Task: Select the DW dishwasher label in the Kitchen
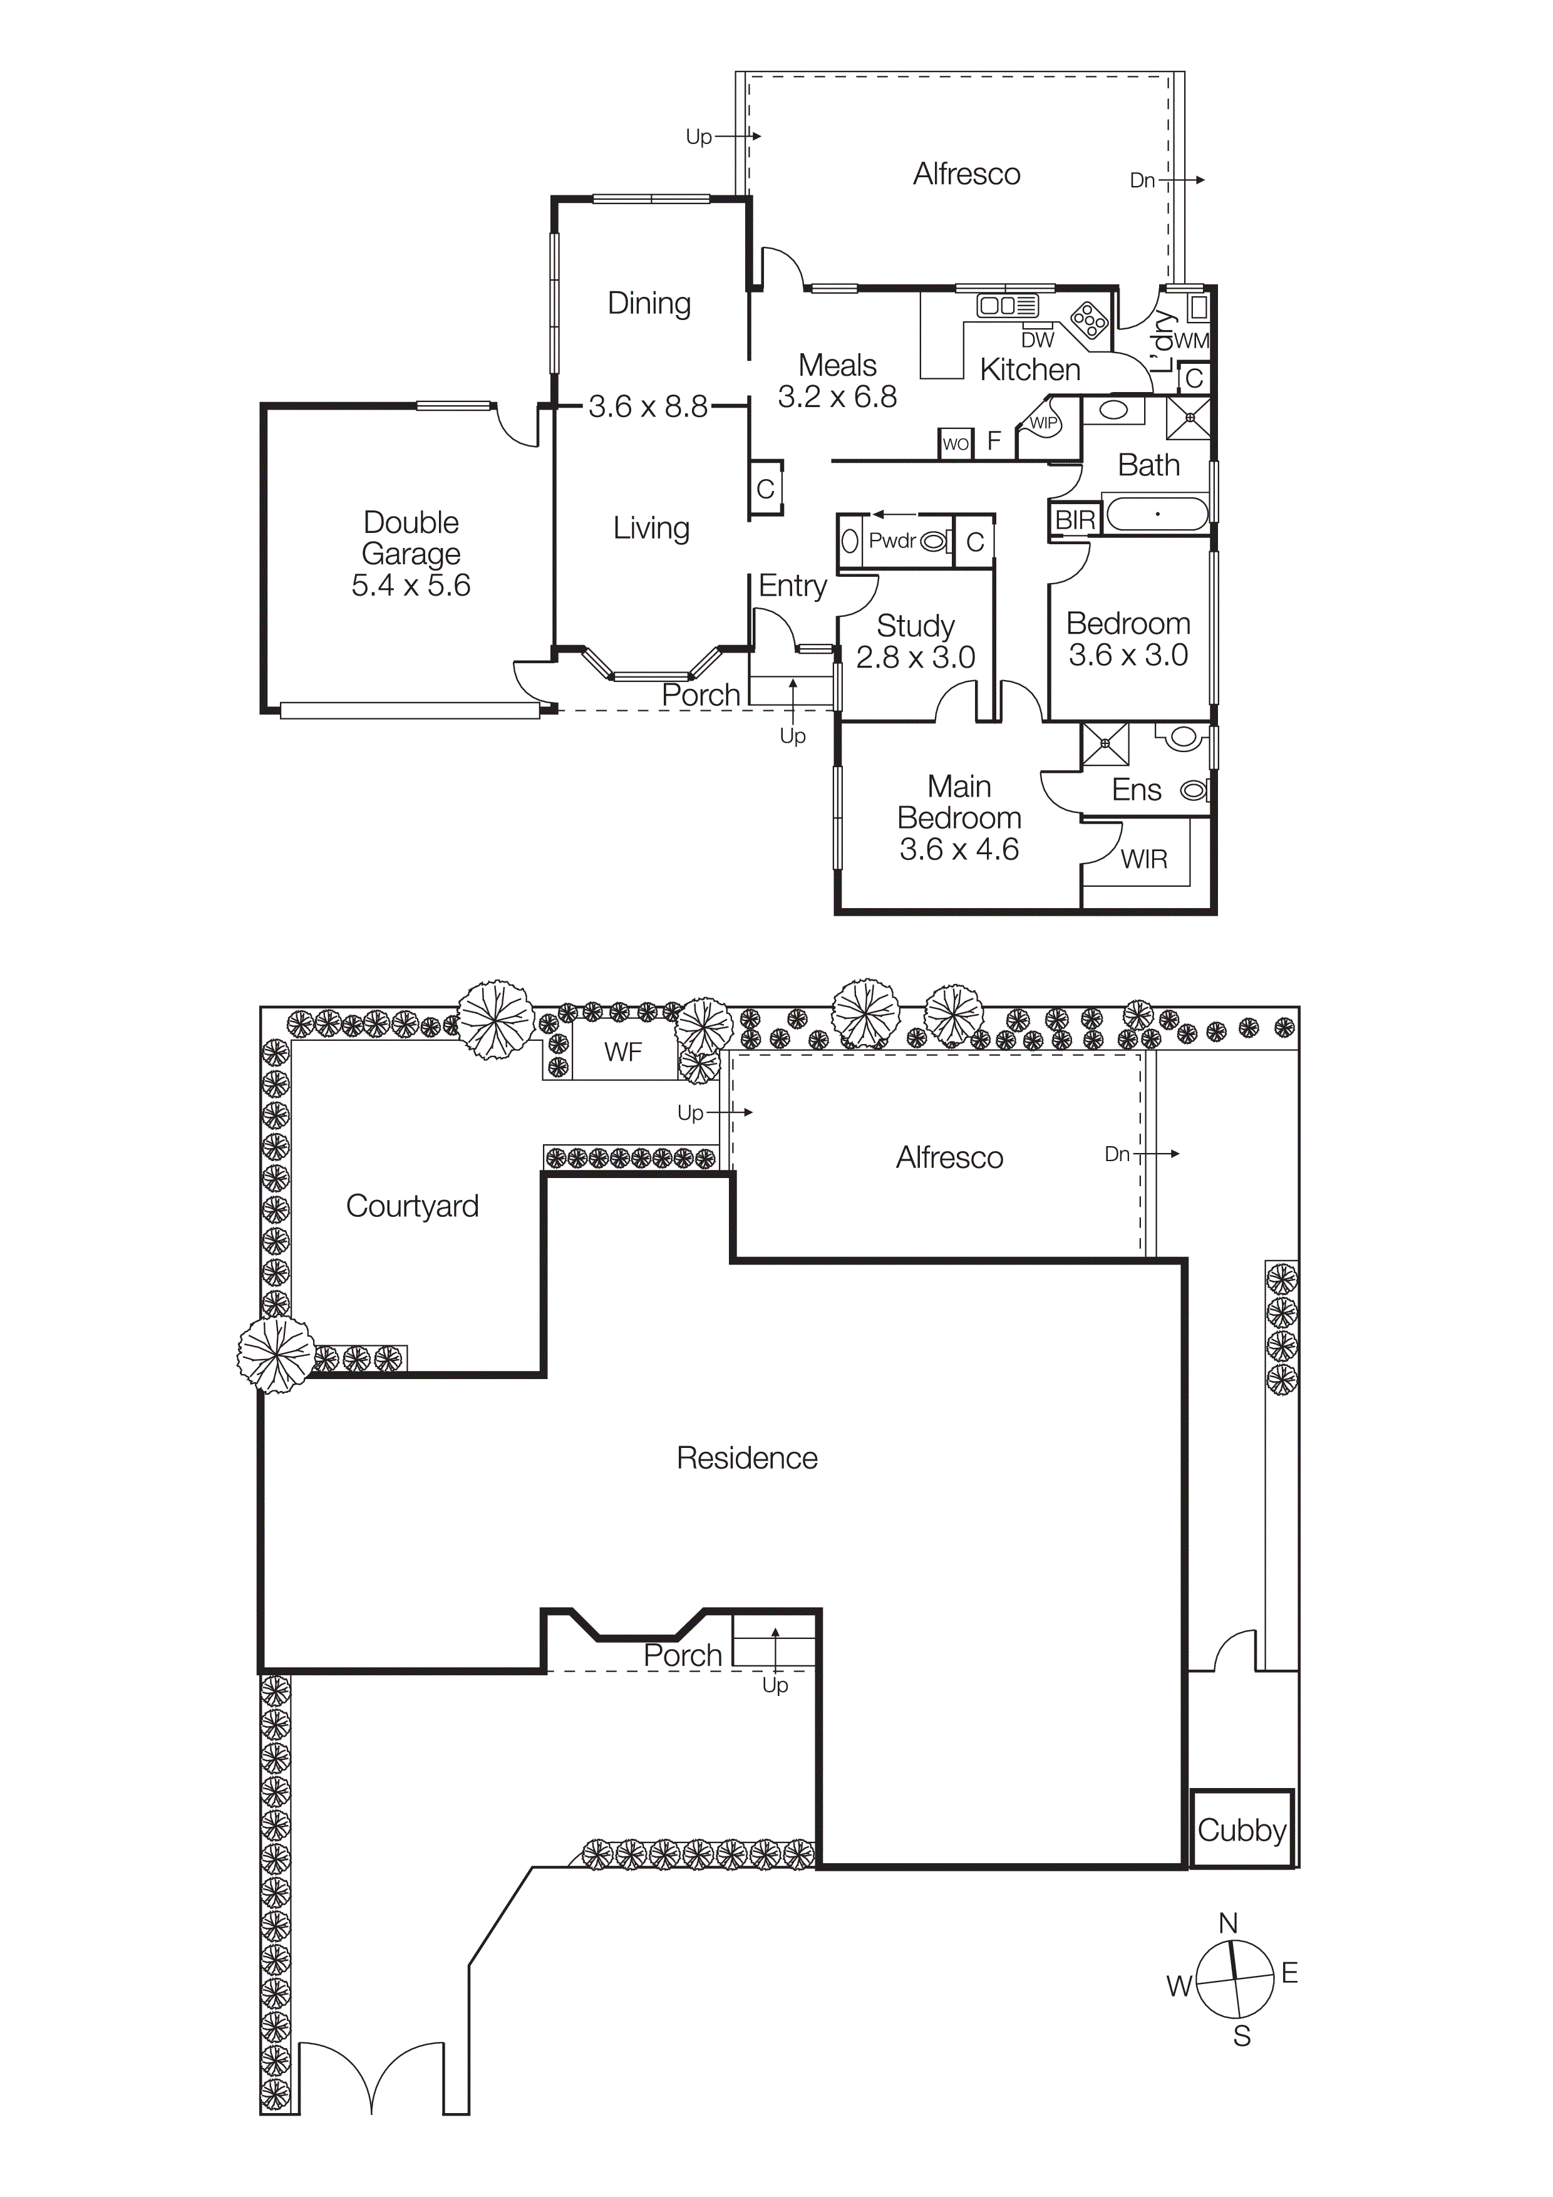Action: pyautogui.click(x=1037, y=339)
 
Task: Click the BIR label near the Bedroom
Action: pyautogui.click(x=1075, y=520)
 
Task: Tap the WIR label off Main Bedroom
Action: pyautogui.click(x=1143, y=859)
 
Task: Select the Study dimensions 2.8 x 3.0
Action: pyautogui.click(x=915, y=658)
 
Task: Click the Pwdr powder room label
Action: pyautogui.click(x=892, y=540)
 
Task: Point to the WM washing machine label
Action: pyautogui.click(x=1191, y=341)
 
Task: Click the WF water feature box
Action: pyautogui.click(x=623, y=1053)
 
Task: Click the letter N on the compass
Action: pyautogui.click(x=1229, y=1923)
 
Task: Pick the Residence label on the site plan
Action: pyautogui.click(x=746, y=1457)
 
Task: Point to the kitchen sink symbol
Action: pyautogui.click(x=1006, y=306)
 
